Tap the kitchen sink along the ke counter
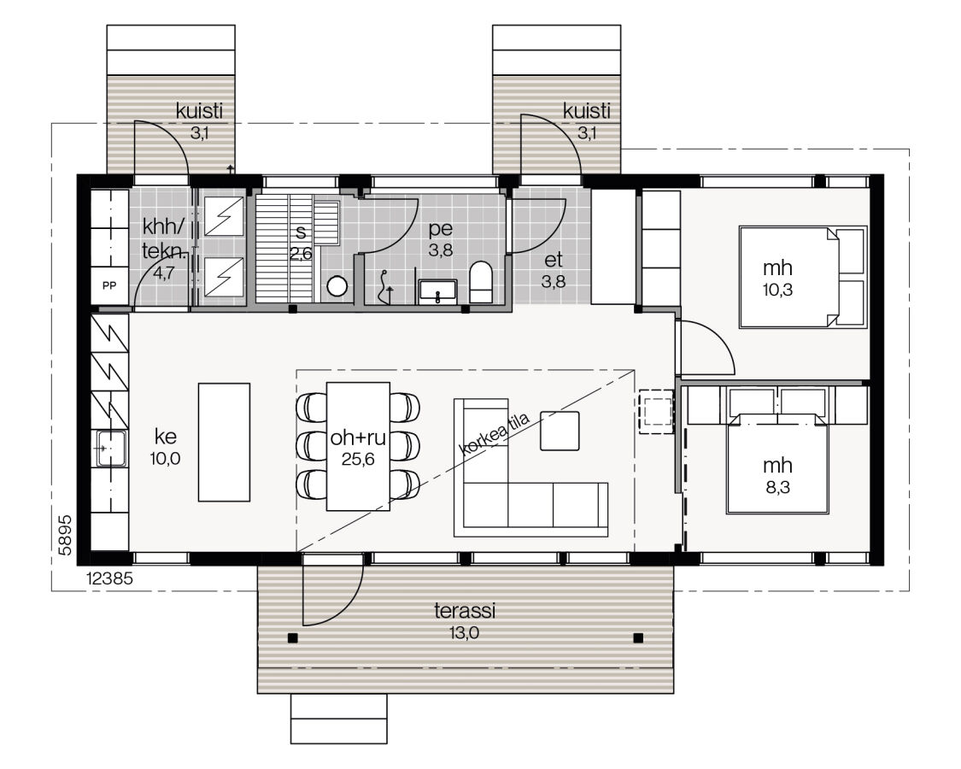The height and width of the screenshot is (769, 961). click(111, 449)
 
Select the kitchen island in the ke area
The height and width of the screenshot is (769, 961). click(225, 442)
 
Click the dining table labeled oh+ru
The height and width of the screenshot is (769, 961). click(358, 446)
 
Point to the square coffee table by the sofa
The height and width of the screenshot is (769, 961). click(560, 431)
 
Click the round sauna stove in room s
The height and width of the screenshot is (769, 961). click(337, 285)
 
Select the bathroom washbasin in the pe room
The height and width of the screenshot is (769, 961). click(437, 292)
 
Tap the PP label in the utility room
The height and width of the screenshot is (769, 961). click(109, 285)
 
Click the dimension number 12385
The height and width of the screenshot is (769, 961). click(109, 578)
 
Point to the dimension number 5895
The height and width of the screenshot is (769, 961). click(66, 535)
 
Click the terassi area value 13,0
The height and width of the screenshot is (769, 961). click(465, 633)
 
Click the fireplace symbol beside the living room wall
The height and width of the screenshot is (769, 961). click(656, 411)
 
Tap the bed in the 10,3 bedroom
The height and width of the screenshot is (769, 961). click(803, 277)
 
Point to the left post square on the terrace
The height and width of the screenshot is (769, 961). click(293, 637)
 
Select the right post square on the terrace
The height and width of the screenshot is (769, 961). click(638, 637)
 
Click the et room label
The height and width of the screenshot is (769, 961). click(553, 260)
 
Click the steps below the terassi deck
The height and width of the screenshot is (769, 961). click(339, 719)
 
